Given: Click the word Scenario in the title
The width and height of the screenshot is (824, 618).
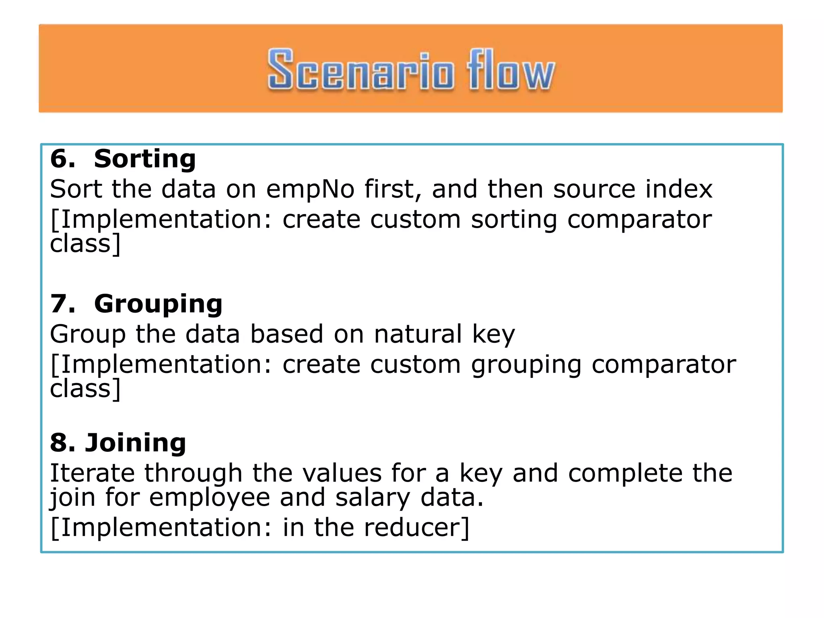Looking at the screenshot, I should tap(361, 70).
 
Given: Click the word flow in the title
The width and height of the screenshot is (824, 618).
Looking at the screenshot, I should tap(510, 70).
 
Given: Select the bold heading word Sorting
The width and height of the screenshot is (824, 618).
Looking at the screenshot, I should tap(145, 159).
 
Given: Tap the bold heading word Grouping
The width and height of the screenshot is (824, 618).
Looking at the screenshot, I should tap(158, 304).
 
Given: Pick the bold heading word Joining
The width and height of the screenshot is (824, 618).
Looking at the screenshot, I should tap(136, 443).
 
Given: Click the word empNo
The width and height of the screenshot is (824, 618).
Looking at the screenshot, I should tap(310, 189).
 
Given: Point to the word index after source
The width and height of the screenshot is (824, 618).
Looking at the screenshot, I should tap(679, 189).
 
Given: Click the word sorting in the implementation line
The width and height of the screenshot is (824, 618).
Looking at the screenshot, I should tap(514, 220).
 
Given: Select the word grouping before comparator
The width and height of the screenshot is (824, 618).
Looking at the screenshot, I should tap(526, 365).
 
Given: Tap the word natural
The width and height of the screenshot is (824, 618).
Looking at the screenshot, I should tap(418, 334).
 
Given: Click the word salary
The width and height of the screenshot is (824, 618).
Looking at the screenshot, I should tap(373, 498).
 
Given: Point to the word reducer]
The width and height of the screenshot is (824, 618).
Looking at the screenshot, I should tap(416, 527).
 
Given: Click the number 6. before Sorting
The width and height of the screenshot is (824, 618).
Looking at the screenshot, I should tap(63, 159).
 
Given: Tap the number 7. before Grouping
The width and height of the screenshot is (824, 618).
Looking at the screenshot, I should tap(63, 304).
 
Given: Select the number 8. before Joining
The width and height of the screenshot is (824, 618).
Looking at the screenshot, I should tap(63, 443).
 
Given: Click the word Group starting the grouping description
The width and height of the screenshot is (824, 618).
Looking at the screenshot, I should tap(88, 335).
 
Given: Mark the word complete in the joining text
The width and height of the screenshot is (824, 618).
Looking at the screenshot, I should tap(625, 474).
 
